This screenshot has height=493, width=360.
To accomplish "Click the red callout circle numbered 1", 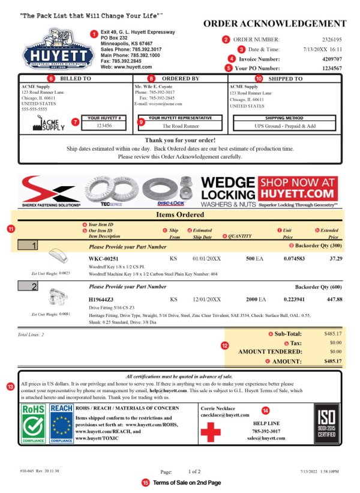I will [x=94, y=34].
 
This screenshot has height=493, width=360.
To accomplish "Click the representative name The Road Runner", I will [x=179, y=126].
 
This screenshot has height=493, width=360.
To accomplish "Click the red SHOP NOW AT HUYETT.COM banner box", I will [x=298, y=187].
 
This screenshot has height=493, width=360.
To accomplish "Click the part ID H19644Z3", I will [x=105, y=299].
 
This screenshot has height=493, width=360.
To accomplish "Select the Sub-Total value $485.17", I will [x=332, y=333].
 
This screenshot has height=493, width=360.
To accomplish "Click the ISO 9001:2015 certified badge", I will [x=326, y=423].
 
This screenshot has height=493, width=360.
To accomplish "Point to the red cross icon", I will [x=211, y=431].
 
